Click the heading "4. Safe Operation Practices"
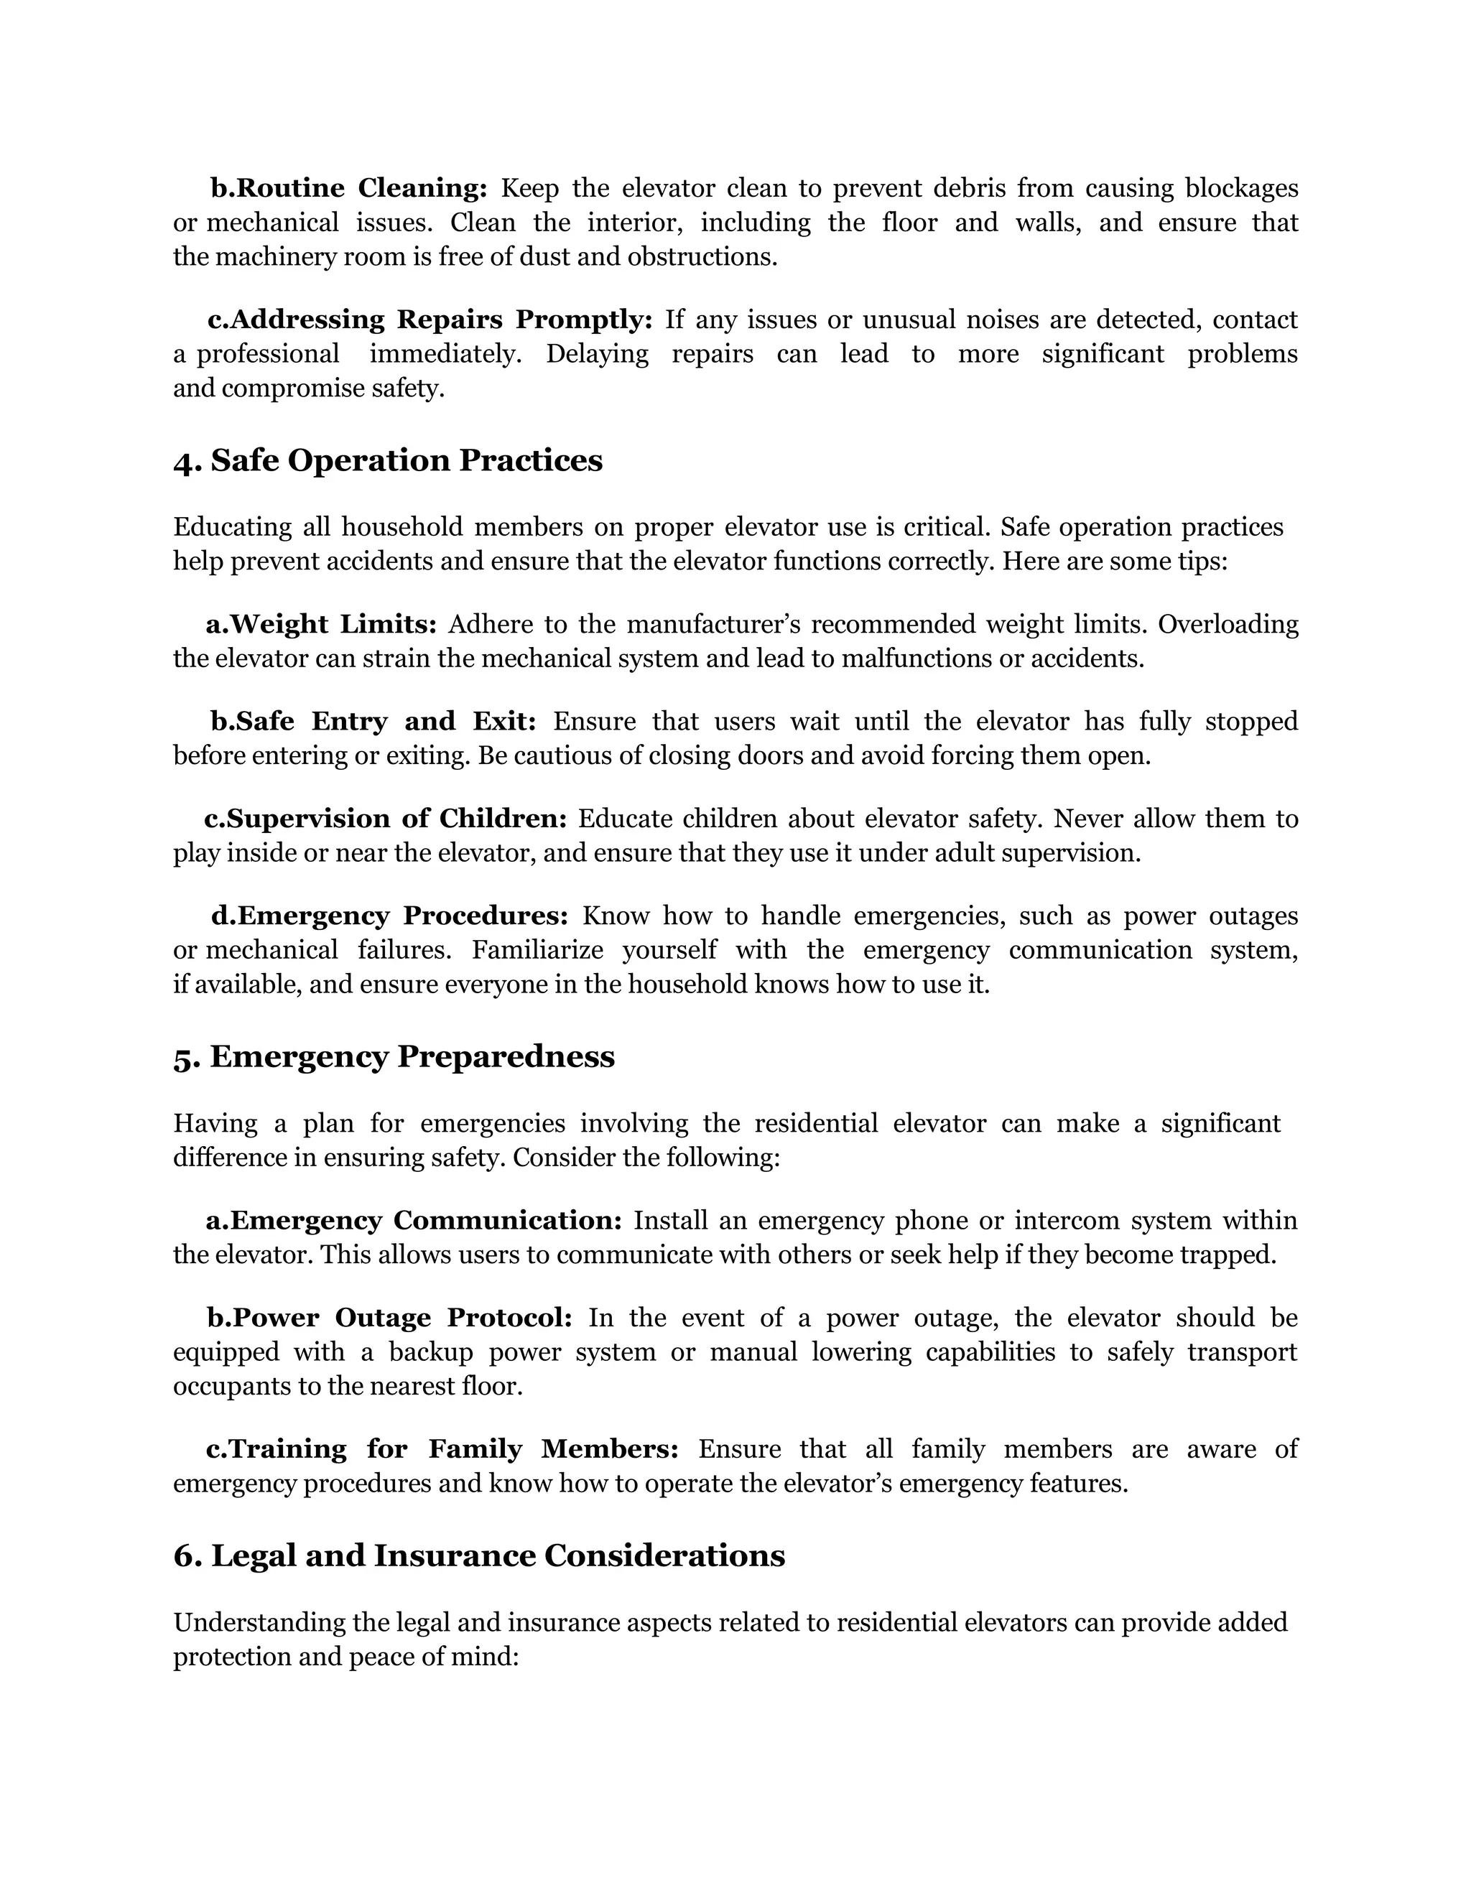[x=388, y=461]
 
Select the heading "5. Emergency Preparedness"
[x=394, y=1057]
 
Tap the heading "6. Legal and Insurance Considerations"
[x=479, y=1555]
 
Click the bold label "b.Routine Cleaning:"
[x=348, y=188]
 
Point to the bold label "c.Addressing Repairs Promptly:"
[x=430, y=320]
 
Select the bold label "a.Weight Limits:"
[x=320, y=625]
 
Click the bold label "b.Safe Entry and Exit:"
[x=373, y=722]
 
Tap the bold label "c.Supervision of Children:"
[x=385, y=819]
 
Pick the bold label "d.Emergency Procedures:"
[x=389, y=916]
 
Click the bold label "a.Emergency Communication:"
[x=414, y=1221]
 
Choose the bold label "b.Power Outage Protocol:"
[x=389, y=1318]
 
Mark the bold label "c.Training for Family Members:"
[x=442, y=1449]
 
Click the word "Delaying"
[x=597, y=354]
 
